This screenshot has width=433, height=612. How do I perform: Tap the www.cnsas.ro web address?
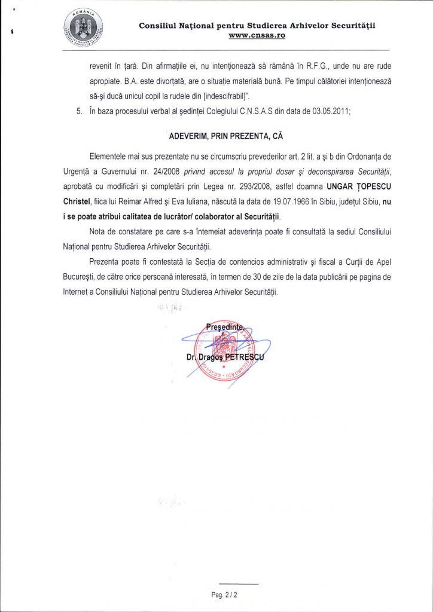[x=257, y=36]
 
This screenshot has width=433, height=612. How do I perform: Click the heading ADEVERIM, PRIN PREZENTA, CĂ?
[x=225, y=136]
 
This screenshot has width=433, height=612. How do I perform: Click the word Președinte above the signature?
[x=225, y=326]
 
